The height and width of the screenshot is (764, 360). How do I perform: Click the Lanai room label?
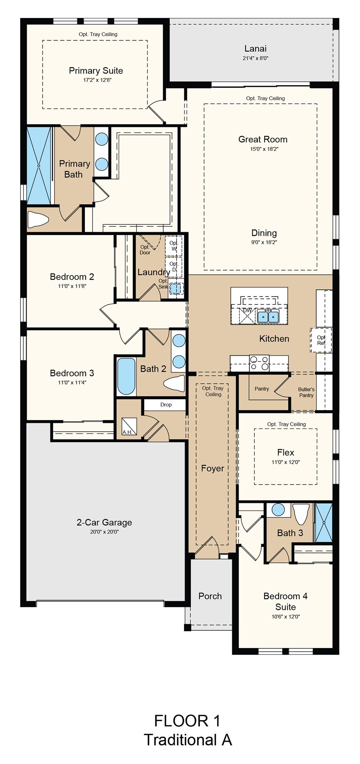coord(256,49)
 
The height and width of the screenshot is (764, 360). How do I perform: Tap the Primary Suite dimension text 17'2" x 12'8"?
coord(97,80)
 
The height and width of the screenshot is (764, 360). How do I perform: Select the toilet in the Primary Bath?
coord(38,220)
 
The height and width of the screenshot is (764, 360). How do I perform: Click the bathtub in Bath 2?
coord(126,376)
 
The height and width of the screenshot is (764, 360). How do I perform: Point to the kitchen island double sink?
coord(268,316)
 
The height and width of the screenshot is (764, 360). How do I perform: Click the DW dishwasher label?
coord(247,310)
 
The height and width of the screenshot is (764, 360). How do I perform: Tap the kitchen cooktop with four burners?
coord(259,363)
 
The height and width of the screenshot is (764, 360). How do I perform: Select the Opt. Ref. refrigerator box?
coord(321,340)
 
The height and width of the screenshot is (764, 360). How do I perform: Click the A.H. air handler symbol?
coord(129,426)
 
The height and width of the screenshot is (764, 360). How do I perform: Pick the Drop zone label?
coord(166,405)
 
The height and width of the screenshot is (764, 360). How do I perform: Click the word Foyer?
coord(212,468)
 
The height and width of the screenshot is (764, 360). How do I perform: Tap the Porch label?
coord(210,596)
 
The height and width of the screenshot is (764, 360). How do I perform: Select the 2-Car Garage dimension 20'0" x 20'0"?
coord(104,531)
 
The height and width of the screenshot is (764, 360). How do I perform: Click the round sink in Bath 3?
coord(278,510)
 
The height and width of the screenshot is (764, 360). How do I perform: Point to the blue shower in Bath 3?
coord(324,522)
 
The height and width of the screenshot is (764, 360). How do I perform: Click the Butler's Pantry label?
coord(306,392)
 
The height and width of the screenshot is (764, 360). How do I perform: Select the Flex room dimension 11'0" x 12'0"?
coord(285,462)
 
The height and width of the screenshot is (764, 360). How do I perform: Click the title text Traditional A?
coord(188,740)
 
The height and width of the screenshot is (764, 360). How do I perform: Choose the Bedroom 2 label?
coord(72,277)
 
